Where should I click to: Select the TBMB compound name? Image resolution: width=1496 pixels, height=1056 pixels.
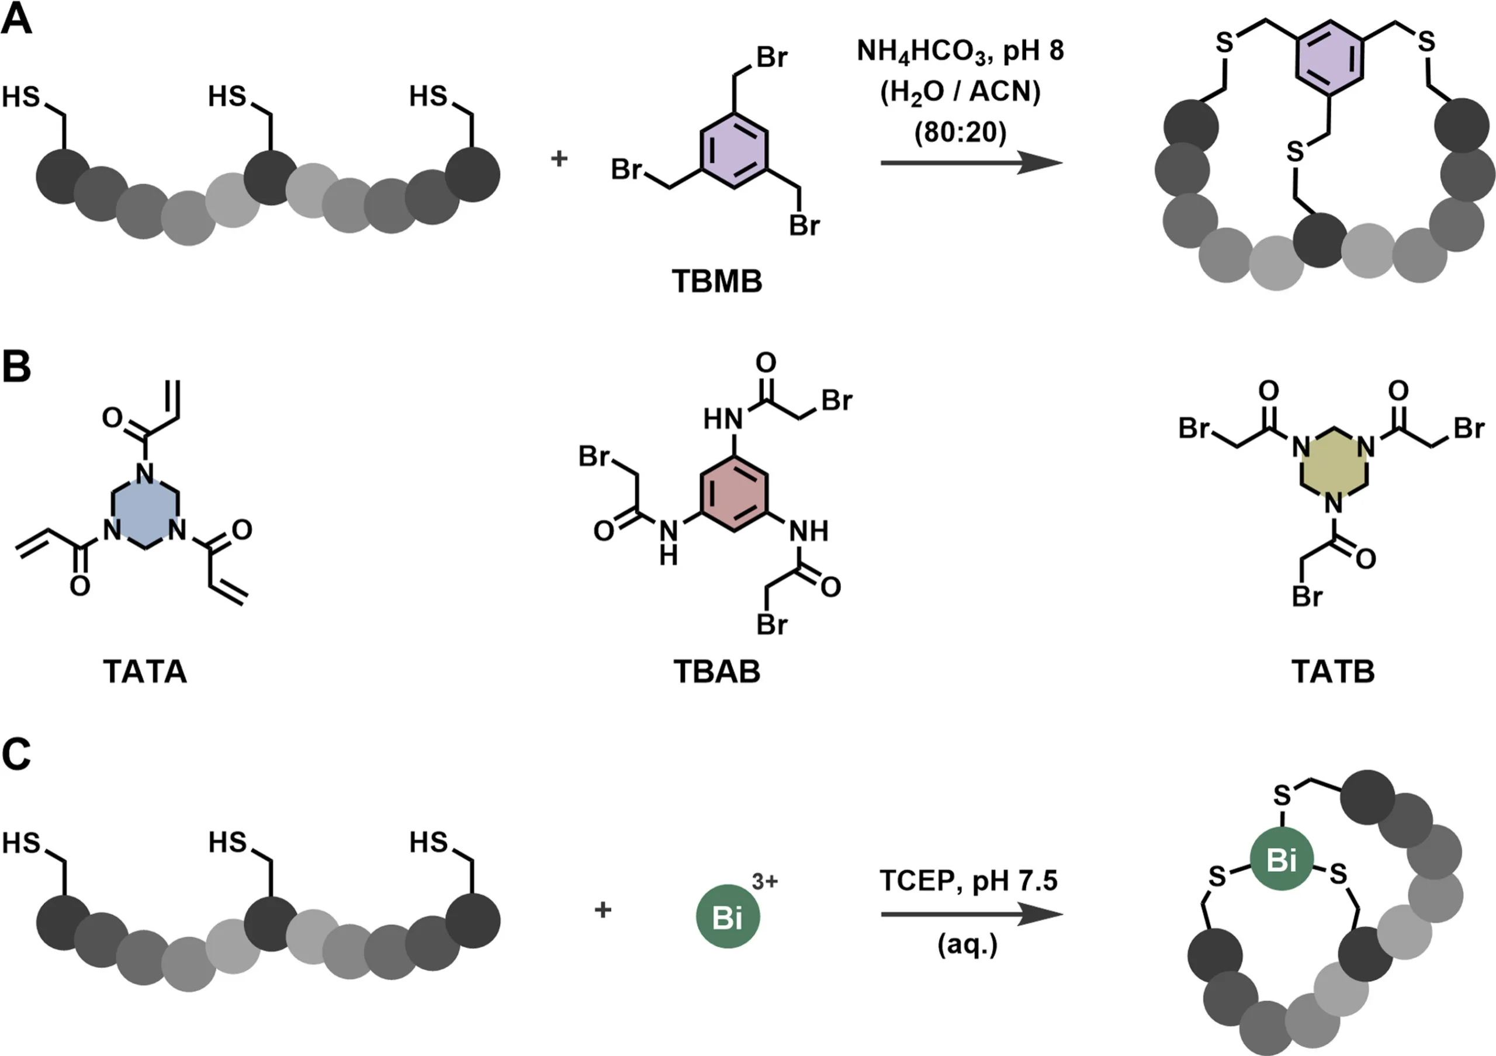point(716,282)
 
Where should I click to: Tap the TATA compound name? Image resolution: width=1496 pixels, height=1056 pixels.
point(145,671)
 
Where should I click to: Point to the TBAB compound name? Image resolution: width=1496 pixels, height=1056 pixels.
point(716,671)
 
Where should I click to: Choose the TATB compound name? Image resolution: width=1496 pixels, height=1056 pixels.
point(1333,671)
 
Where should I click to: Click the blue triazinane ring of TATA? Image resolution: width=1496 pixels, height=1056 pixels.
point(145,512)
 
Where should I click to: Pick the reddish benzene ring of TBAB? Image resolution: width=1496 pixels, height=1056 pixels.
point(735,494)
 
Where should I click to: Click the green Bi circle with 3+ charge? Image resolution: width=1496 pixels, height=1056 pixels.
point(728,916)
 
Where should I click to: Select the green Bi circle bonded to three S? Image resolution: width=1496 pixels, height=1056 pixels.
point(1281,859)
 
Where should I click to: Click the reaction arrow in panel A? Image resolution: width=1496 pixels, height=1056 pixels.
point(971,163)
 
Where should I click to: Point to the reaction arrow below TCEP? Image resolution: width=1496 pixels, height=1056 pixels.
point(971,914)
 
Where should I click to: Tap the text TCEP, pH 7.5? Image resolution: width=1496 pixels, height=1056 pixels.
point(968,880)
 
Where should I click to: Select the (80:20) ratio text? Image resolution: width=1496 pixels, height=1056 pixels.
point(960,133)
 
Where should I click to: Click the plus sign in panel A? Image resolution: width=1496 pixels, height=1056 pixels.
point(559,158)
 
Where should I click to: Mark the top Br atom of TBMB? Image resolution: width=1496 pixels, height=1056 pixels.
point(771,57)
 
